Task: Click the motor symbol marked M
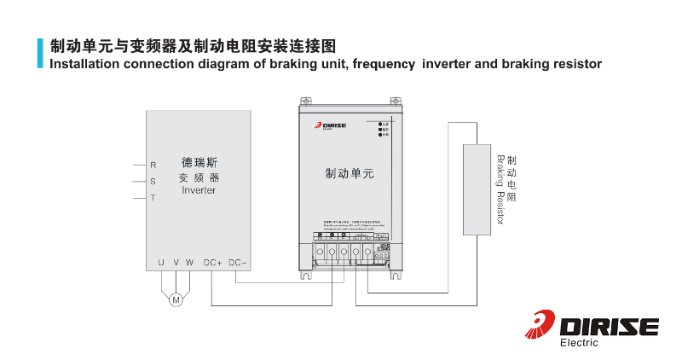pos(176,299)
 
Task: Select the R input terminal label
pos(153,165)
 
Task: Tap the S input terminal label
pos(153,182)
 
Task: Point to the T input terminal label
pos(153,198)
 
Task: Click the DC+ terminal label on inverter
pos(212,263)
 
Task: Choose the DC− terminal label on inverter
pos(238,263)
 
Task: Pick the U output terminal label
pos(161,263)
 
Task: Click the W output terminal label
pos(189,263)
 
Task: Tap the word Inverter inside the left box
pos(199,190)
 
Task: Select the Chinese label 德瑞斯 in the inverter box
pos(199,161)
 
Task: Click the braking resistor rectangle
pos(477,189)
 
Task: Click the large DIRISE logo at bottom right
pos(593,326)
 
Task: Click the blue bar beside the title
pos(40,53)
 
